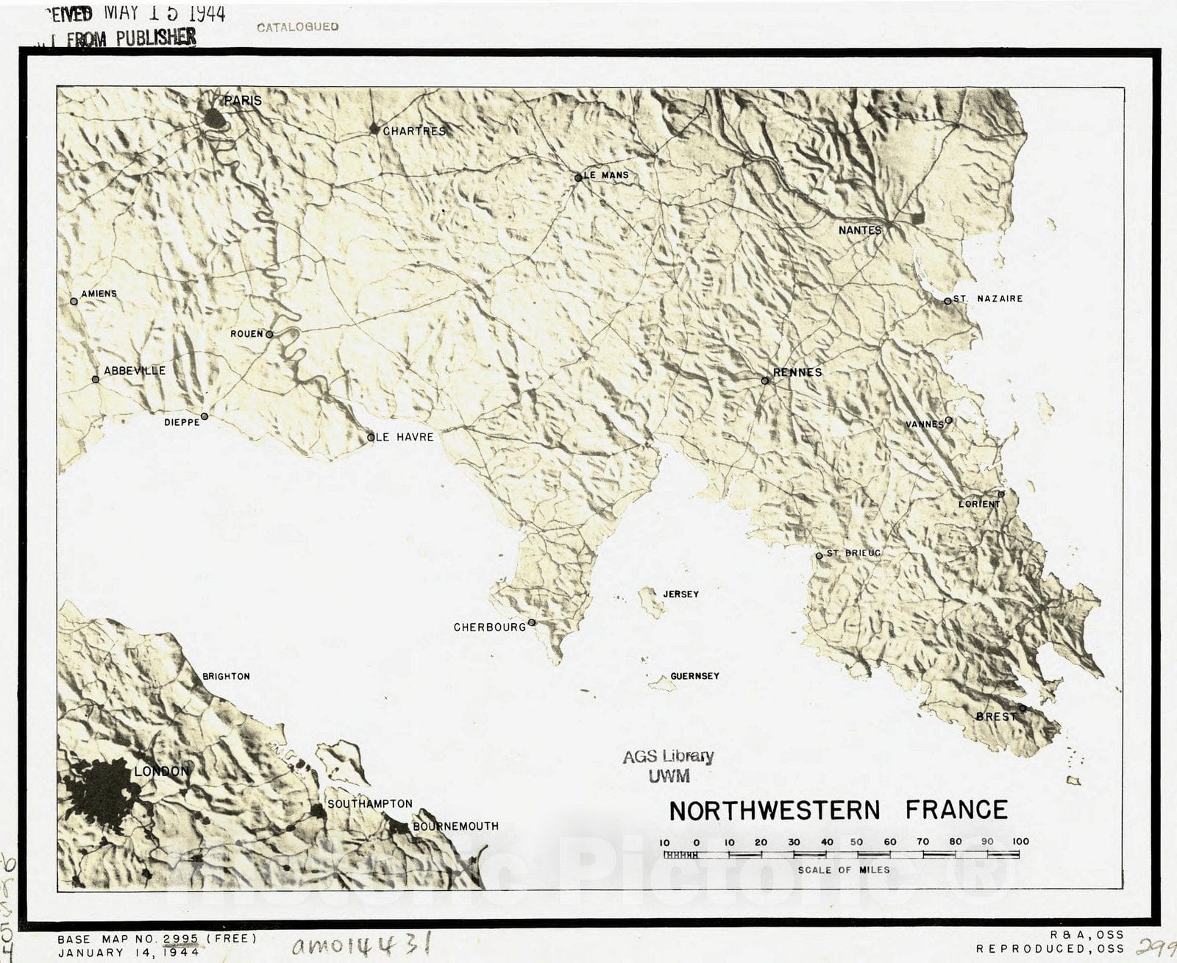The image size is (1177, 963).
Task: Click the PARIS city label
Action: tap(243, 100)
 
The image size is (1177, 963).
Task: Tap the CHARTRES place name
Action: tap(414, 131)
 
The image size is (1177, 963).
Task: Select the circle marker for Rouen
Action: tap(270, 334)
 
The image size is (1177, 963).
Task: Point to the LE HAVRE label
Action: tap(405, 437)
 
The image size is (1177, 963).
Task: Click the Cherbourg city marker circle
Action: tap(532, 622)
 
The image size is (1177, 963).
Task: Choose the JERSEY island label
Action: tap(680, 594)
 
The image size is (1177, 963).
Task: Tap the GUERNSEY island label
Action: tap(694, 675)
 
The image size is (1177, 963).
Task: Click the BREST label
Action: tap(996, 716)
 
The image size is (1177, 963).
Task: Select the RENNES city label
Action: tap(797, 372)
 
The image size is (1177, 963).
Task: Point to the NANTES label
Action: tap(859, 230)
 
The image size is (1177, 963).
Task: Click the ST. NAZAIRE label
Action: tap(987, 299)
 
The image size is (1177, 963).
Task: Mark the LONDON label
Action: tap(162, 771)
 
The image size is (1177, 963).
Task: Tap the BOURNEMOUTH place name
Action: tap(455, 826)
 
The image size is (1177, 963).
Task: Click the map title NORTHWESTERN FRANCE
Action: tap(838, 810)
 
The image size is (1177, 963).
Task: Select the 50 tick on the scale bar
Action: tap(857, 842)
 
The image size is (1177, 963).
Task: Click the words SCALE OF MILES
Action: tap(844, 870)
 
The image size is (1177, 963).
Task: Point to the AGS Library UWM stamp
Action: tap(668, 765)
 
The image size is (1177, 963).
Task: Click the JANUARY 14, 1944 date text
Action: tap(128, 952)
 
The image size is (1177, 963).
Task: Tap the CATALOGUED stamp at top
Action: tap(297, 26)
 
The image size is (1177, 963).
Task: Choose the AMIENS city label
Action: tap(99, 294)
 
